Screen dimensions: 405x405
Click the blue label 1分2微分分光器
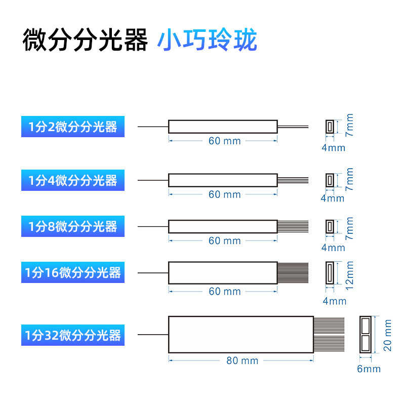click(72, 127)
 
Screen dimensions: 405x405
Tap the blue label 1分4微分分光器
click(72, 180)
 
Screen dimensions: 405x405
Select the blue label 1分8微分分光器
click(72, 226)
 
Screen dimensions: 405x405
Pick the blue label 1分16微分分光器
click(72, 273)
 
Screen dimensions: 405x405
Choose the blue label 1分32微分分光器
click(72, 335)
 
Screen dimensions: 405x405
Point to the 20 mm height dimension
click(388, 335)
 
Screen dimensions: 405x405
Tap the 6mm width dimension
click(369, 369)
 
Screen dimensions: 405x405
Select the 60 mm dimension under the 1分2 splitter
click(224, 141)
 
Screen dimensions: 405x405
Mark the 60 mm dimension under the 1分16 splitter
click(224, 291)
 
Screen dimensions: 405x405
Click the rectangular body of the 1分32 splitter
click(241, 335)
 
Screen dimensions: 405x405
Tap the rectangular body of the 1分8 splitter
click(223, 226)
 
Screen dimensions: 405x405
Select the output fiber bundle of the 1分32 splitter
click(329, 335)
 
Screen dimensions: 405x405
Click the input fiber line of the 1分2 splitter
click(153, 127)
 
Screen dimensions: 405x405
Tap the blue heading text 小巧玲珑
click(207, 40)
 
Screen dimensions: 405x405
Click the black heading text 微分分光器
click(85, 40)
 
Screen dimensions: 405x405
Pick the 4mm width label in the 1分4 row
click(333, 198)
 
